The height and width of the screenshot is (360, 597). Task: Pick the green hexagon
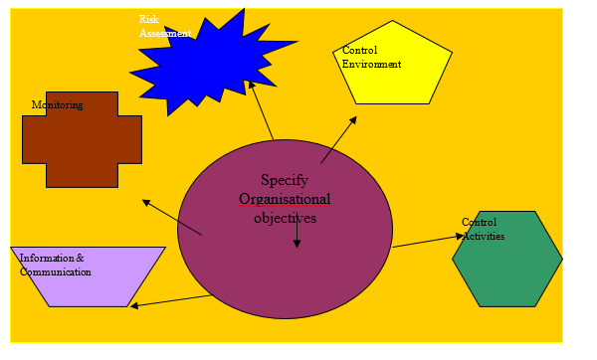coord(507,261)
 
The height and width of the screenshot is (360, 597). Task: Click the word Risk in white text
coord(148,19)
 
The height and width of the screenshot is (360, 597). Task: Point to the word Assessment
coord(164,32)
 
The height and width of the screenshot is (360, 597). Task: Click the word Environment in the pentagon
coord(371,65)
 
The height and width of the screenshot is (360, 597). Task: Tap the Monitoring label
coord(57,104)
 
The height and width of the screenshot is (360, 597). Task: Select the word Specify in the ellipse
coord(285,180)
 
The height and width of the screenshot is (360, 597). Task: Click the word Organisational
coord(285,199)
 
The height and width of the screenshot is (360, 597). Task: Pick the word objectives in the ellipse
coord(285,217)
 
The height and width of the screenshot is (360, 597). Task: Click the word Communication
coord(56,271)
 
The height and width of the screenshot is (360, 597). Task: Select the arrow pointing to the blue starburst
coord(262,111)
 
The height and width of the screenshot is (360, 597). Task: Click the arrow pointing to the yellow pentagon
coord(338,139)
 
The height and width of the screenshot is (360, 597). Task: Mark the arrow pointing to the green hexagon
coord(428,242)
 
